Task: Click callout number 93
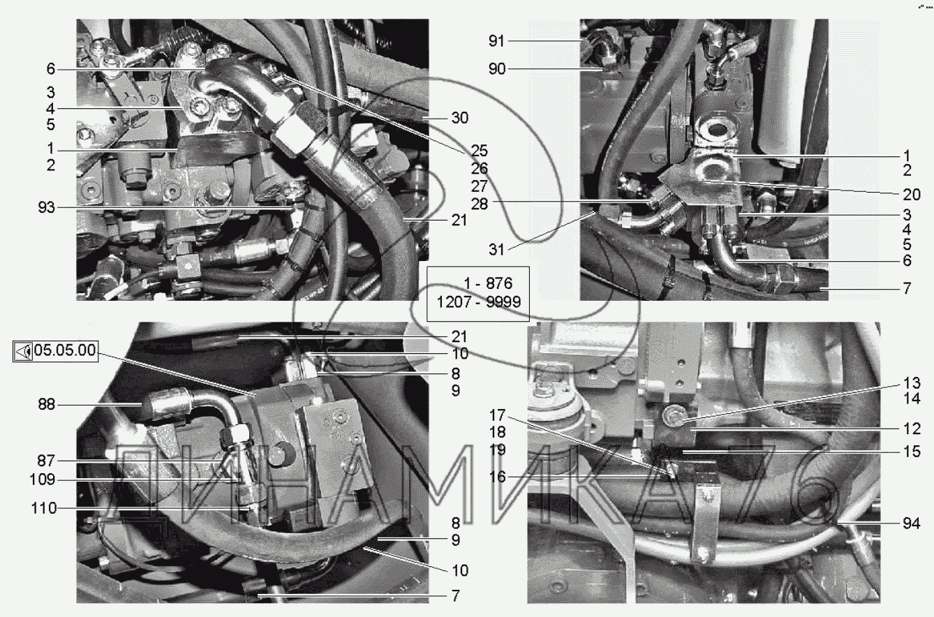46,207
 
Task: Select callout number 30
460,118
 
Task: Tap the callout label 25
479,151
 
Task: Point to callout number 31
496,250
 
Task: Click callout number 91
496,41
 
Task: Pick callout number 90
496,69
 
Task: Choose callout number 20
912,194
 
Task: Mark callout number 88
46,404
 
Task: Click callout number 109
42,480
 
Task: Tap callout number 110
44,509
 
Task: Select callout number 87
46,461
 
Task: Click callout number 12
912,429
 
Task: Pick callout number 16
497,477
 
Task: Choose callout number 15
912,452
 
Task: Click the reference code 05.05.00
65,350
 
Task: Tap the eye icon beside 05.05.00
23,352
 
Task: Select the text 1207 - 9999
478,302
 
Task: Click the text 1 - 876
488,283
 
